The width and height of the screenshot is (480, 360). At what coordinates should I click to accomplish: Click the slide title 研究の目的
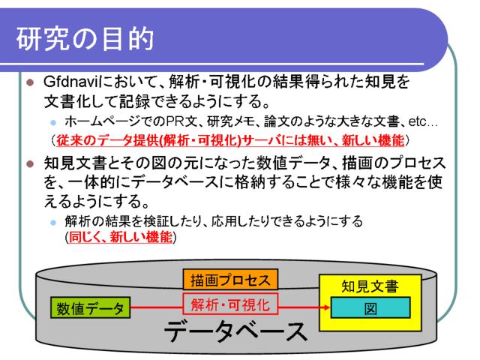click(85, 38)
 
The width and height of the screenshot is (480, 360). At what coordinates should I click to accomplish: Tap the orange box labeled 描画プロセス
click(230, 280)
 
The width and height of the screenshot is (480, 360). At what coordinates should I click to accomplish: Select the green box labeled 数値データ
click(90, 307)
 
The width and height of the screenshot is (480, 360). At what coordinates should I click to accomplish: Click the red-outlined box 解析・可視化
click(230, 304)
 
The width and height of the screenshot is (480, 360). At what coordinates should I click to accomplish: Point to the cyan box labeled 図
click(370, 307)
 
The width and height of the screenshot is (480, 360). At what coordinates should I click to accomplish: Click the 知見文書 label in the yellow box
click(370, 286)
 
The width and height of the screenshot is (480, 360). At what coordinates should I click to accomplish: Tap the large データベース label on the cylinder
click(235, 331)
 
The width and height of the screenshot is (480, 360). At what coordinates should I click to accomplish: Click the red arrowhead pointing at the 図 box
click(327, 307)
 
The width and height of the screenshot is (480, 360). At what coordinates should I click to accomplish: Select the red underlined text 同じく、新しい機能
click(121, 237)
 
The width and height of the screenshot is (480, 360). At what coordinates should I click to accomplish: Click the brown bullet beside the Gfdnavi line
click(30, 82)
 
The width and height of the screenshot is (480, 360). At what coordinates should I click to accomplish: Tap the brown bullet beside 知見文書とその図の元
click(30, 164)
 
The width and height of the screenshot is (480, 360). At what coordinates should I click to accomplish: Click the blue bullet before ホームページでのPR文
click(53, 122)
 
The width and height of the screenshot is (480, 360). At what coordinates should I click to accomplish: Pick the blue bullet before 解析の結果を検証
click(53, 223)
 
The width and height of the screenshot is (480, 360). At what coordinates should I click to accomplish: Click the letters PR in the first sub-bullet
click(175, 121)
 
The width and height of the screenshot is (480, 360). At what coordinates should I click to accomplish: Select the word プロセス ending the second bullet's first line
click(418, 163)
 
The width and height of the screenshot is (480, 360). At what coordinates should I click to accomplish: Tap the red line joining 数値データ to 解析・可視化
click(157, 307)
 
